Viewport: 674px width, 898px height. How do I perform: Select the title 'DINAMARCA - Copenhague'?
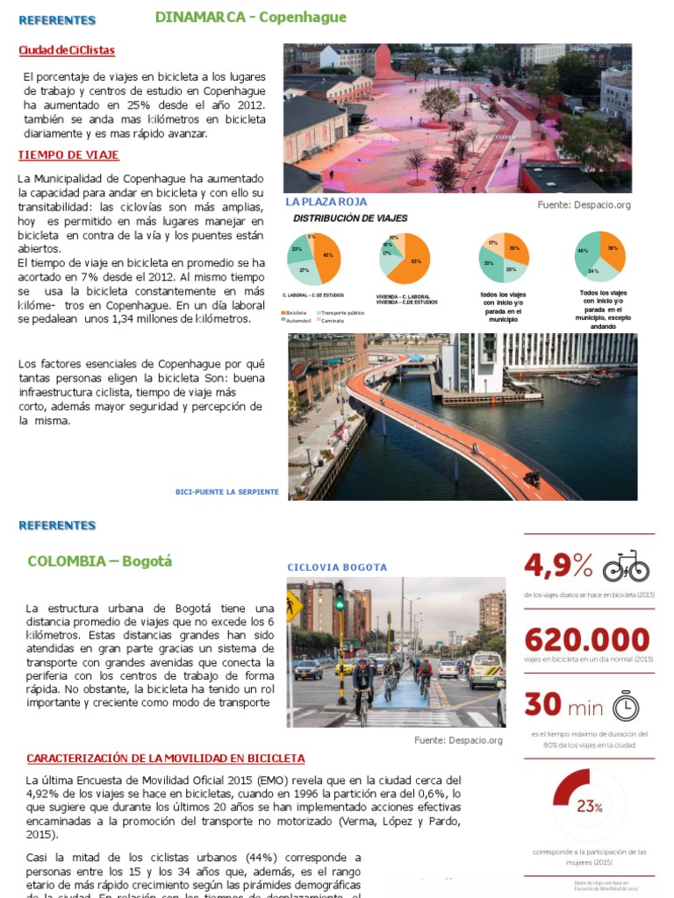tap(250, 18)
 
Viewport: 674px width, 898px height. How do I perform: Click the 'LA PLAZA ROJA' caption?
tap(326, 202)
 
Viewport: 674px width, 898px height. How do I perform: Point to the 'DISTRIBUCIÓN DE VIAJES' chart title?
tap(350, 218)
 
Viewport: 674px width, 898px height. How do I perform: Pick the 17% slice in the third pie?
tap(495, 244)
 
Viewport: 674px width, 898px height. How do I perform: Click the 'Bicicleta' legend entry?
tap(295, 312)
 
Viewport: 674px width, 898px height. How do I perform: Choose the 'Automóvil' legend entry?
tap(297, 320)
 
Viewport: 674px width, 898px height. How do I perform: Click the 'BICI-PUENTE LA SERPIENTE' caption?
tap(227, 492)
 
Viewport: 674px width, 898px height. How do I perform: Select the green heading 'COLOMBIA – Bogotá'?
tap(100, 561)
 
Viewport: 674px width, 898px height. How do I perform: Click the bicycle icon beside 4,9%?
tap(626, 567)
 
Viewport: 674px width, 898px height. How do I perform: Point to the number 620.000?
tap(587, 639)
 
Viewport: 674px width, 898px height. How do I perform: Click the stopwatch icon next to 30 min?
tap(625, 706)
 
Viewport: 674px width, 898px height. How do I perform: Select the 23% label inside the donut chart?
tap(589, 807)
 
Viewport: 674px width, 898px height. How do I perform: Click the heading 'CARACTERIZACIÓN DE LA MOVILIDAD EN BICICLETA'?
tap(166, 758)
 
